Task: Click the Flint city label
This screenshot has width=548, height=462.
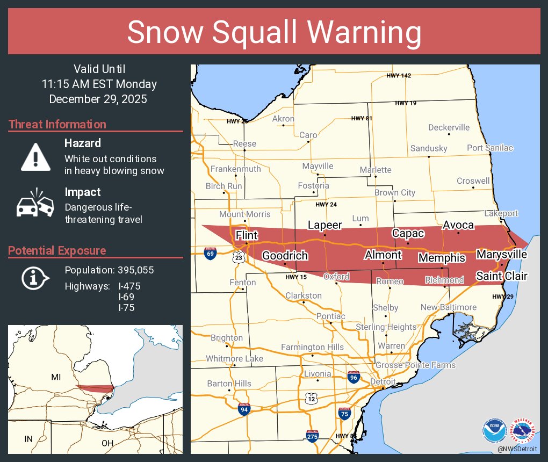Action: tap(247, 235)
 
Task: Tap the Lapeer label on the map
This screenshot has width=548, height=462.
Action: tap(325, 225)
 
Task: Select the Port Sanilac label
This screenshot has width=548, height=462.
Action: tap(489, 148)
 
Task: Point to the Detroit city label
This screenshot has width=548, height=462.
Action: tap(383, 381)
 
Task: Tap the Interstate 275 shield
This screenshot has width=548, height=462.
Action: tap(312, 436)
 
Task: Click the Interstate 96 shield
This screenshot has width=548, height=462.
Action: tap(354, 377)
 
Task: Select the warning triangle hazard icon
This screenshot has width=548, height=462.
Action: tap(35, 157)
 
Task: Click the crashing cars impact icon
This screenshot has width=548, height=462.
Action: tap(35, 203)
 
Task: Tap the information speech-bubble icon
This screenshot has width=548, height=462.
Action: tap(35, 277)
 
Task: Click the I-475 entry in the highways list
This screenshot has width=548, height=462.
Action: tap(129, 286)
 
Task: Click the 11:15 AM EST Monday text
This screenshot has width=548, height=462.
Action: tap(99, 84)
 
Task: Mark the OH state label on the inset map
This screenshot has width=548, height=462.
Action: tap(107, 443)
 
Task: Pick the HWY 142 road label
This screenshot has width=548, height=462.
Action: tap(399, 76)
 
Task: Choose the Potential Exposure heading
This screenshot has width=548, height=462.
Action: tap(57, 250)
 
